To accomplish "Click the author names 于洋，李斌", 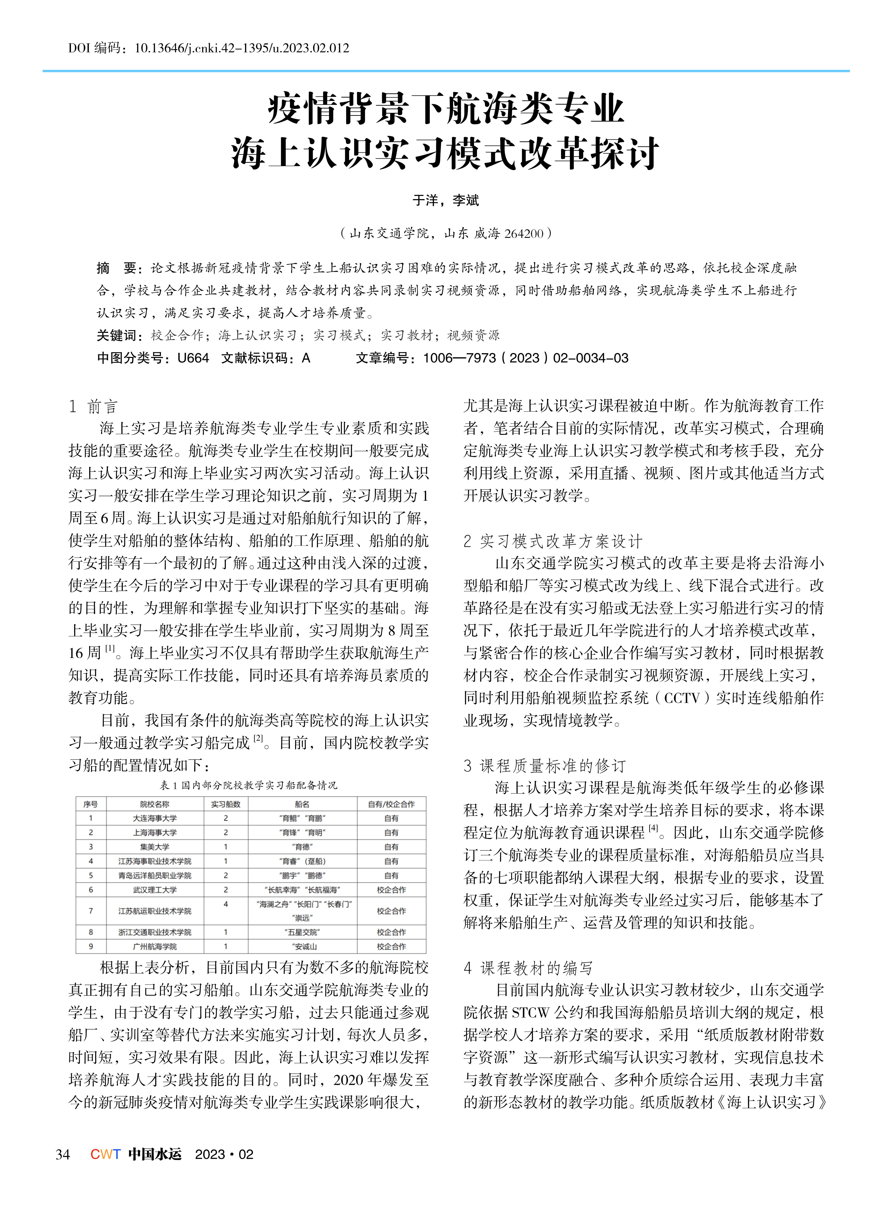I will pyautogui.click(x=445, y=201).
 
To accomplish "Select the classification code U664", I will pyautogui.click(x=193, y=358).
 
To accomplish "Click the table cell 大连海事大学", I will pyautogui.click(x=155, y=818).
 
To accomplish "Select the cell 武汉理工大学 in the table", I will pyautogui.click(x=155, y=889).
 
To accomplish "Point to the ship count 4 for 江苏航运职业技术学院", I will pyautogui.click(x=226, y=904).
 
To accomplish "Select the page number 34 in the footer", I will pyautogui.click(x=63, y=1154).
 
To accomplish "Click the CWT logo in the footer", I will pyautogui.click(x=105, y=1154).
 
